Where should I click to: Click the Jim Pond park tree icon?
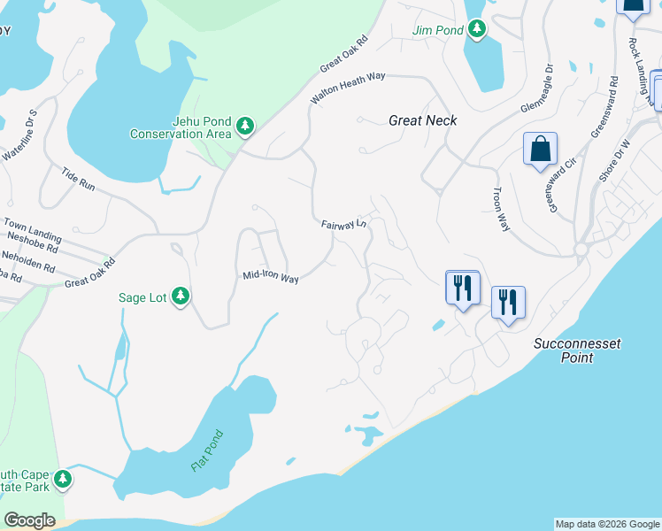pyautogui.click(x=478, y=30)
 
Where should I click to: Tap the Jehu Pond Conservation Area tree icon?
pyautogui.click(x=245, y=128)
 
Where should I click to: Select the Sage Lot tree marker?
pyautogui.click(x=181, y=296)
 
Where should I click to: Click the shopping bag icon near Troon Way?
pyautogui.click(x=539, y=150)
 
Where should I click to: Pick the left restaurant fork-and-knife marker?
pyautogui.click(x=462, y=288)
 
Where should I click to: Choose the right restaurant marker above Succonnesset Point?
pyautogui.click(x=508, y=304)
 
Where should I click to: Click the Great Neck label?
pyautogui.click(x=423, y=119)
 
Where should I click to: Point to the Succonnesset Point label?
pyautogui.click(x=564, y=350)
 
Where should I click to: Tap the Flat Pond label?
pyautogui.click(x=208, y=450)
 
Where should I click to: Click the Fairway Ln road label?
pyautogui.click(x=344, y=225)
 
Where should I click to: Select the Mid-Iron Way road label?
pyautogui.click(x=271, y=277)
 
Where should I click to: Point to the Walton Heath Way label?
pyautogui.click(x=348, y=88)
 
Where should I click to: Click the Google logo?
pyautogui.click(x=29, y=520)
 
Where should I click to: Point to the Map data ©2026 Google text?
pyautogui.click(x=606, y=524)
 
